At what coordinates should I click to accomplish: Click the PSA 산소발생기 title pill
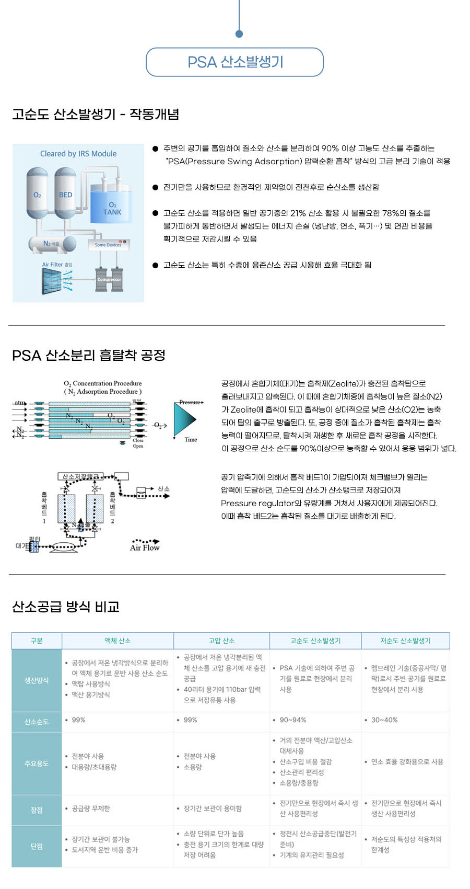click(x=234, y=62)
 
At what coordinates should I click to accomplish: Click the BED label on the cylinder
click(x=66, y=195)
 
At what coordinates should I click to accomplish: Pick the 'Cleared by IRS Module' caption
click(x=78, y=154)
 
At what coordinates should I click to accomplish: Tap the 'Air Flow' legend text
click(x=145, y=548)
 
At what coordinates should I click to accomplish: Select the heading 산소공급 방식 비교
click(x=66, y=607)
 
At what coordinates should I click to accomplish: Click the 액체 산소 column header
click(x=118, y=641)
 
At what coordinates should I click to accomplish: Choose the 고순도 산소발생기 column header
click(x=315, y=641)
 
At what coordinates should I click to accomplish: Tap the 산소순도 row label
click(x=37, y=722)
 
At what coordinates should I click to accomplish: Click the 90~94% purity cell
click(x=293, y=720)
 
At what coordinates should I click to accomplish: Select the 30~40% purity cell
click(x=384, y=720)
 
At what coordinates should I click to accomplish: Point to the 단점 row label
click(x=37, y=846)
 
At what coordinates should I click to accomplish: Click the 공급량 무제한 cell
click(x=91, y=808)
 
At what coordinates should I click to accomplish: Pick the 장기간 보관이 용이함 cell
click(x=213, y=808)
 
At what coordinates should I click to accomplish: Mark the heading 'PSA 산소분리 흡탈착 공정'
click(x=89, y=356)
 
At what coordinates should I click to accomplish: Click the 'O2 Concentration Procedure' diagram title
click(x=103, y=383)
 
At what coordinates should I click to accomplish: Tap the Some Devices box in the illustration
click(x=108, y=245)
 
